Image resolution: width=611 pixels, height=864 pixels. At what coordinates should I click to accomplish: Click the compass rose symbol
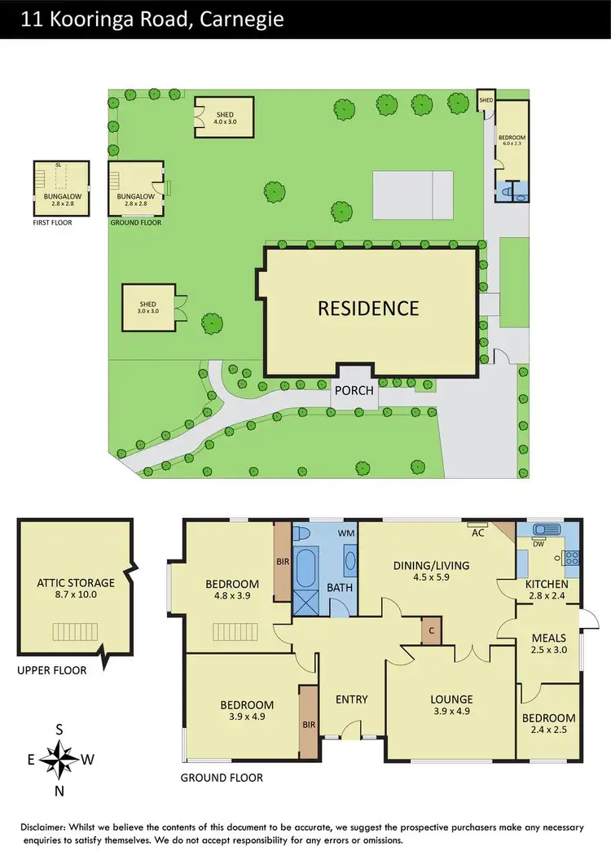click(59, 760)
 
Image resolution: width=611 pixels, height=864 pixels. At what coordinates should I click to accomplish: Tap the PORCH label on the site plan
click(353, 391)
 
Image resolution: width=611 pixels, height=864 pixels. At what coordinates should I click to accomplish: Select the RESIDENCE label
click(368, 308)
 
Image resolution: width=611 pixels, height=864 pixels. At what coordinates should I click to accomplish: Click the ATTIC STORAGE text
click(76, 583)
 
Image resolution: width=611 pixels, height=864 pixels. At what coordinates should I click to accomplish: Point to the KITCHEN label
click(547, 585)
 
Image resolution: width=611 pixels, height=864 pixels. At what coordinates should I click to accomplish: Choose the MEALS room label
click(548, 638)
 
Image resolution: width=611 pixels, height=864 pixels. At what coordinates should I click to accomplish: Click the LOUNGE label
click(451, 699)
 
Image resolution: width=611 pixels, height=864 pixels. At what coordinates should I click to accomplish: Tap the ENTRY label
click(352, 699)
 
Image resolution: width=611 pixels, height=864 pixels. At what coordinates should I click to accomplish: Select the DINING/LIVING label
click(432, 566)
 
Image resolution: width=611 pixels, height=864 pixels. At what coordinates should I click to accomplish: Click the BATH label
click(338, 586)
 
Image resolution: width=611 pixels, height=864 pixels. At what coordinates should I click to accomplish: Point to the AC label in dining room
click(478, 533)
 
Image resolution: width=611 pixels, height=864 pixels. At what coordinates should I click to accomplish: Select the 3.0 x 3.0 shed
click(148, 308)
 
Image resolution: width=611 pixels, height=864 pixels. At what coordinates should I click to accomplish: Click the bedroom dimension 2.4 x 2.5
click(548, 730)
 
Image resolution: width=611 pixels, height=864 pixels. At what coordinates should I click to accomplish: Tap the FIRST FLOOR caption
click(52, 221)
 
